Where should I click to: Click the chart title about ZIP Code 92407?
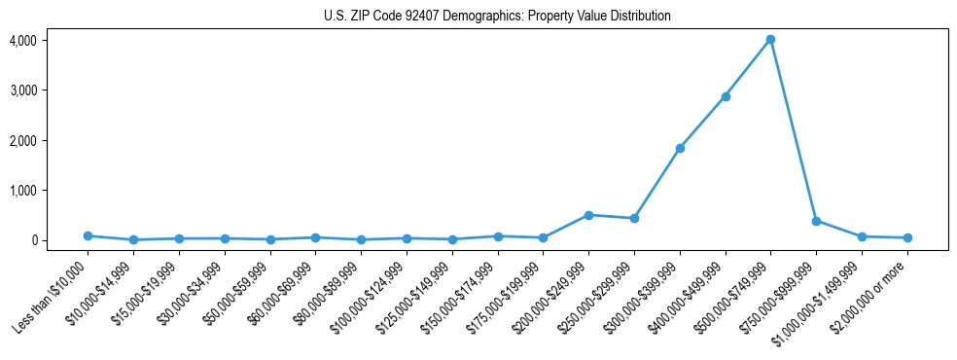pos(497,17)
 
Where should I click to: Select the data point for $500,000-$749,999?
pos(770,39)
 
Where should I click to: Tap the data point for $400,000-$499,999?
pos(725,96)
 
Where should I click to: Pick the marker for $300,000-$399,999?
pos(680,148)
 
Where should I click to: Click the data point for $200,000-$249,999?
pos(588,215)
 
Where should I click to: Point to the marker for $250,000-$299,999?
pos(634,218)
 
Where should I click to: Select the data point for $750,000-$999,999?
pos(816,221)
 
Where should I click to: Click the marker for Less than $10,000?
pos(88,235)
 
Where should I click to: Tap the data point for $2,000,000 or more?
pos(907,237)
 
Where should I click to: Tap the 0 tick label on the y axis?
pos(59,240)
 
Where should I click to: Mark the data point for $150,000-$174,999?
pos(498,236)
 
